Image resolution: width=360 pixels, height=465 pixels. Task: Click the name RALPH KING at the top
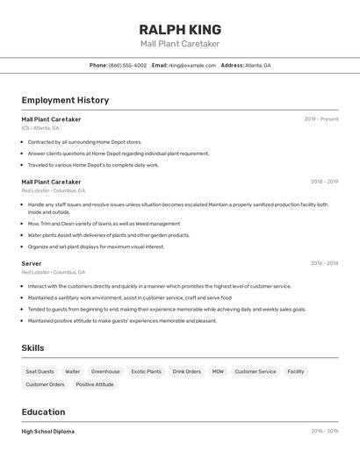[x=180, y=29]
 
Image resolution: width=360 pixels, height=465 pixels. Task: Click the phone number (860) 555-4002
[x=127, y=66]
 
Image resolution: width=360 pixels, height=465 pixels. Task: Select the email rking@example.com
[x=191, y=66]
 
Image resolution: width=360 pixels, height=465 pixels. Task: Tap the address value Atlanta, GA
[x=258, y=66]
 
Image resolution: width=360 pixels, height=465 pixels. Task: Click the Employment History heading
[x=65, y=100]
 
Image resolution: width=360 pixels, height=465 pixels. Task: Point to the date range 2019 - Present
[x=320, y=119]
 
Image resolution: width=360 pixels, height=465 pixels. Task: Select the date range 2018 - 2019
[x=324, y=182]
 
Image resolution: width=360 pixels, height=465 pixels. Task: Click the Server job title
[x=32, y=263]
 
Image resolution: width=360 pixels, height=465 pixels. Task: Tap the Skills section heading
[x=32, y=348]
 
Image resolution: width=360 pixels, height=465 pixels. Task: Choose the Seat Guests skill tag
[x=40, y=372]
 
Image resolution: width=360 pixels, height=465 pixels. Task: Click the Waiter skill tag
[x=73, y=372]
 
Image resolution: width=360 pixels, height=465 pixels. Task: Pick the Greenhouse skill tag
[x=105, y=372]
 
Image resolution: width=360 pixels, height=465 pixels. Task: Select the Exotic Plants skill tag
[x=147, y=372]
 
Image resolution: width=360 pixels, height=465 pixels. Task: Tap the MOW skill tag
[x=218, y=372]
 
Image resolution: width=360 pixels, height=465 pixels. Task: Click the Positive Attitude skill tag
[x=95, y=384]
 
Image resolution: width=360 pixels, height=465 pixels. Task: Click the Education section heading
[x=43, y=412]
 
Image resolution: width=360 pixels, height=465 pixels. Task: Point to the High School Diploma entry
[x=47, y=432]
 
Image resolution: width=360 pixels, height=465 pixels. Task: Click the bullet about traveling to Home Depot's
[x=93, y=165]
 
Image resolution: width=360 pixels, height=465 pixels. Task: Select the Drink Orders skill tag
[x=186, y=372]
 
